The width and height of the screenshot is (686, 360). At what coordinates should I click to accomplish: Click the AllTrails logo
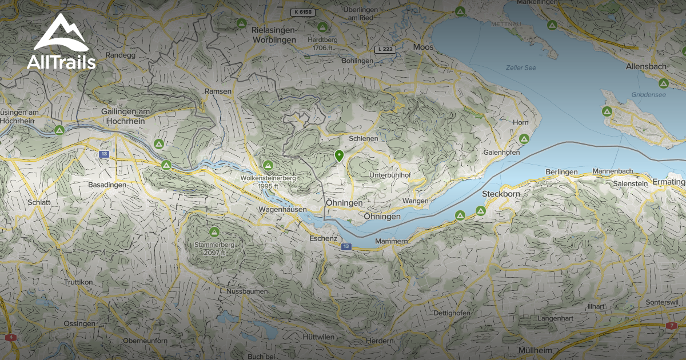pyautogui.click(x=61, y=42)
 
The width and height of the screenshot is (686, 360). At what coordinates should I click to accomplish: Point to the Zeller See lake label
pyautogui.click(x=521, y=67)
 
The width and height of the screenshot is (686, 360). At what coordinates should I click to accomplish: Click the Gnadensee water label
pyautogui.click(x=649, y=95)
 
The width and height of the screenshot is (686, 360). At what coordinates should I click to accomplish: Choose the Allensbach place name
pyautogui.click(x=646, y=67)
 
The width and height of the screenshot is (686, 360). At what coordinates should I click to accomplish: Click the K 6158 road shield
pyautogui.click(x=302, y=12)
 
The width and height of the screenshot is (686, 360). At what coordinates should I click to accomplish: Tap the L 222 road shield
pyautogui.click(x=385, y=50)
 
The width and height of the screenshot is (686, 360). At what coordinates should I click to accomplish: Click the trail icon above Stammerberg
pyautogui.click(x=214, y=232)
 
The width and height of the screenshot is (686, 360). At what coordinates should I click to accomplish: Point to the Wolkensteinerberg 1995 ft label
pyautogui.click(x=268, y=182)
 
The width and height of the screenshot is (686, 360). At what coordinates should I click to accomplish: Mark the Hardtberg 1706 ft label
pyautogui.click(x=322, y=44)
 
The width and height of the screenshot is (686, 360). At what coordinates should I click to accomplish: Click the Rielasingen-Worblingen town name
pyautogui.click(x=274, y=35)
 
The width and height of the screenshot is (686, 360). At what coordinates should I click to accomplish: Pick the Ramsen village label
pyautogui.click(x=218, y=91)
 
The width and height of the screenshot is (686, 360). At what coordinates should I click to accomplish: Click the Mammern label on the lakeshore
pyautogui.click(x=391, y=242)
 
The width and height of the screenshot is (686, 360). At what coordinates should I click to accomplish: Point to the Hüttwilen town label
pyautogui.click(x=318, y=337)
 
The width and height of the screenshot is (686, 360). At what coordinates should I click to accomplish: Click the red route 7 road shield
pyautogui.click(x=671, y=325)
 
